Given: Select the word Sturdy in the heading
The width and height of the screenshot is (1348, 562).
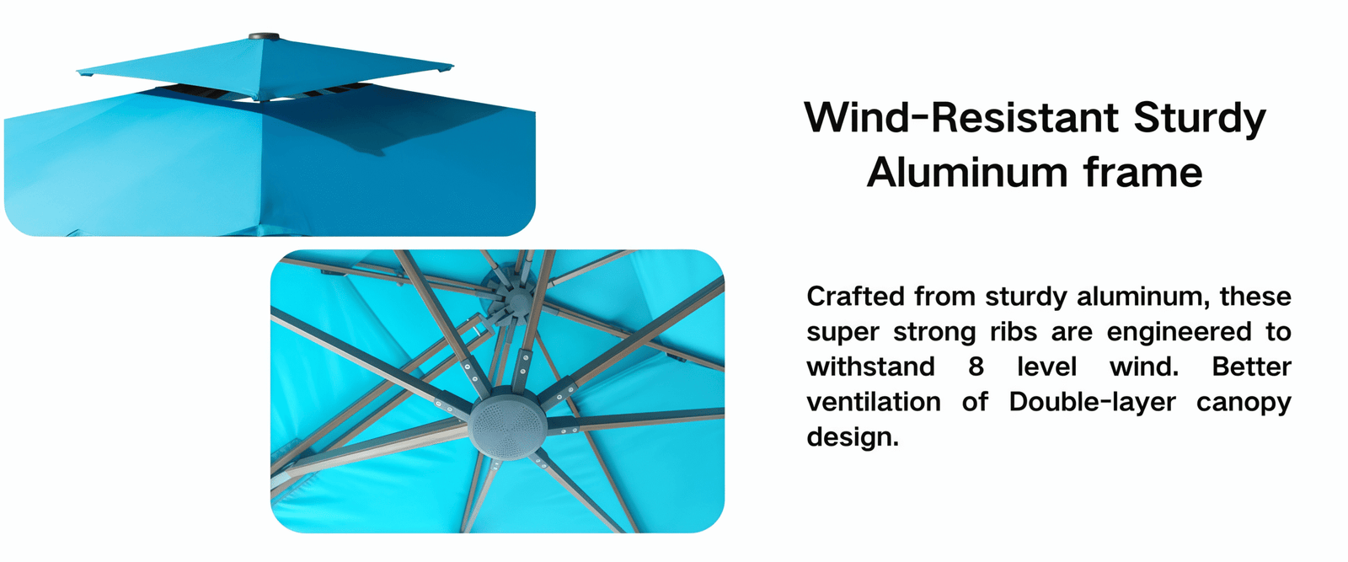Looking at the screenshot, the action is (1200, 120).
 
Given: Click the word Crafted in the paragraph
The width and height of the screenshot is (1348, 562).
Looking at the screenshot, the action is (856, 297).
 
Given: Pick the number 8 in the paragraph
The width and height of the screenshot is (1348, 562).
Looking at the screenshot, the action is (976, 367).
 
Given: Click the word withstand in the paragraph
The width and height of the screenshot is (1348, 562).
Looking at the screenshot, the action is (870, 367).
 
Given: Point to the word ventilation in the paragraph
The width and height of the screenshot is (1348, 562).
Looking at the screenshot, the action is (874, 401).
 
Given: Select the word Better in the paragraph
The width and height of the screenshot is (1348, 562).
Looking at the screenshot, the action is (1252, 367).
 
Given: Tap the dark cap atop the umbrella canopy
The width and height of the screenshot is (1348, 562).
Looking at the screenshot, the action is (265, 36).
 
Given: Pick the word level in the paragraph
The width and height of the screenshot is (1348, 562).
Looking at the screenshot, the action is (1047, 367).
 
